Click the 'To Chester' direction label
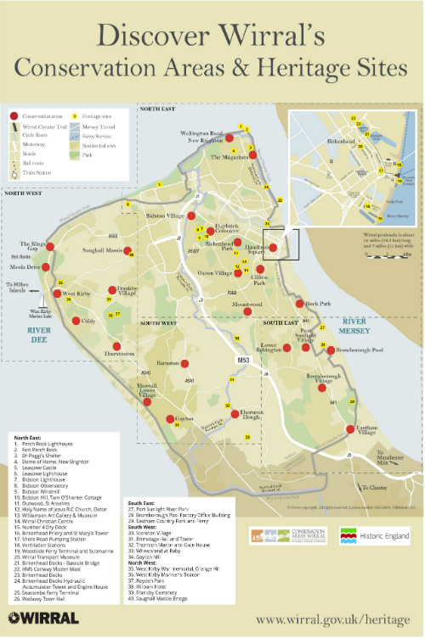point(377,488)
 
